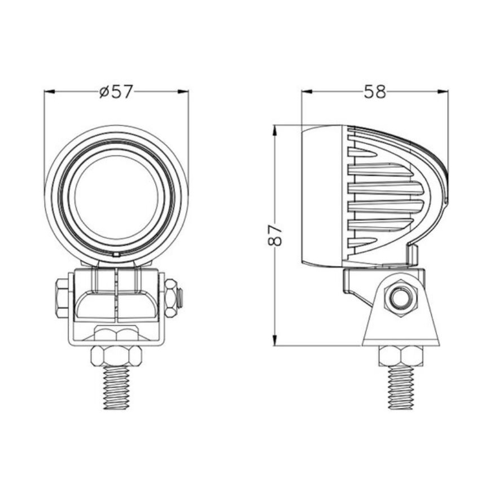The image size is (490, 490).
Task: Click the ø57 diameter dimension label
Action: click(x=116, y=91)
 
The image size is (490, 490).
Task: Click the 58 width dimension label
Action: click(x=374, y=91)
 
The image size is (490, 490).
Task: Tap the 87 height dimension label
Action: click(x=274, y=234)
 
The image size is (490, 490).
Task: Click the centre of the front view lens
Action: click(x=116, y=196)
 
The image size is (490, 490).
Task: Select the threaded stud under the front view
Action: click(x=116, y=388)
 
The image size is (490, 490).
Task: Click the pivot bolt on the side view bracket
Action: click(x=400, y=297)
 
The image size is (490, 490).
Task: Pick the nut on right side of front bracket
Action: click(x=170, y=297)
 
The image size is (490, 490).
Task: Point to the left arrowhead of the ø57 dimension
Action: click(x=49, y=91)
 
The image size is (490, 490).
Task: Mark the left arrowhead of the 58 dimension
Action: click(x=305, y=91)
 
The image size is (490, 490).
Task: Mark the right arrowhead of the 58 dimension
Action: click(x=444, y=91)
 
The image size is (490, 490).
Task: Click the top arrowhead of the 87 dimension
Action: click(x=274, y=129)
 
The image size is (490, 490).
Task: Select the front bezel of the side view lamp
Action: click(x=322, y=196)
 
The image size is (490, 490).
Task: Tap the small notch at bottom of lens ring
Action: click(x=116, y=255)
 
